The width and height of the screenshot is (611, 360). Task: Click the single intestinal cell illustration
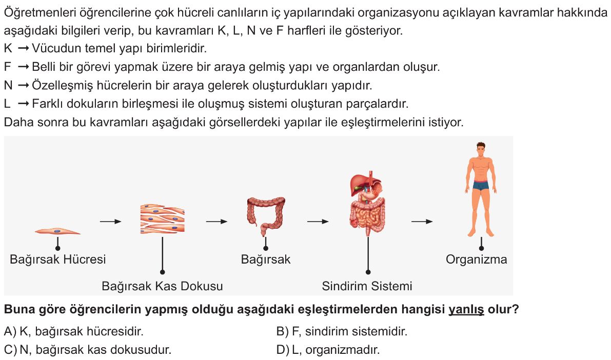57,231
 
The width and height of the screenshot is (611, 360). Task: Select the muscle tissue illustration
162,218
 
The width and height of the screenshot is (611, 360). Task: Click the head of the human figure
481,149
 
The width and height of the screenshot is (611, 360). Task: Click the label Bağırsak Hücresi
57,259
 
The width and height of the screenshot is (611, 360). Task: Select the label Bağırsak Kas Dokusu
162,286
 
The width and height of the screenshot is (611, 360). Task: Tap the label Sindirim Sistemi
367,286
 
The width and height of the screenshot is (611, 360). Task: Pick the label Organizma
476,259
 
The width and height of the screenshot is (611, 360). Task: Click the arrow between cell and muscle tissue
111,222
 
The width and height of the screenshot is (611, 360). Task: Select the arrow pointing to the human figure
422,222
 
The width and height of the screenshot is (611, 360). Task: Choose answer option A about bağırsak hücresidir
74,332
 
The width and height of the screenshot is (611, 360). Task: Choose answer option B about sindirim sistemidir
342,332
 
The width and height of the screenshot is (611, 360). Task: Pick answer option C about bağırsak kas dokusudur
88,350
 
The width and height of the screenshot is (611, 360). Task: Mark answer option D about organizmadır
328,350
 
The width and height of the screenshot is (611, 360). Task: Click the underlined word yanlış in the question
466,310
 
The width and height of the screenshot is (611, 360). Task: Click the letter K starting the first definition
8,49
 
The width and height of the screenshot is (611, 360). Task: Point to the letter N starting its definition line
8,85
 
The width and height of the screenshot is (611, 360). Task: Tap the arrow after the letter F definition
24,67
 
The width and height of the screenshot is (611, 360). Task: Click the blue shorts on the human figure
481,186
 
